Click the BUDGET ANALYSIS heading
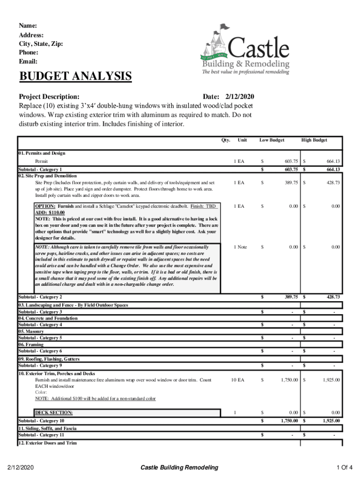(x=75, y=76)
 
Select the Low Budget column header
(x=272, y=140)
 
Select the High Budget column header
(x=314, y=140)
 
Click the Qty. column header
(x=226, y=140)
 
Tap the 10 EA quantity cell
(x=238, y=380)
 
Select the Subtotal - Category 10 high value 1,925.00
(x=330, y=421)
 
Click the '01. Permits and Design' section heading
(x=42, y=153)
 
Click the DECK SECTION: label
(x=54, y=413)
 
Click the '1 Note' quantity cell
(x=240, y=247)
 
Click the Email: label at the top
(x=28, y=61)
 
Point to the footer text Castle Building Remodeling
(x=180, y=467)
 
